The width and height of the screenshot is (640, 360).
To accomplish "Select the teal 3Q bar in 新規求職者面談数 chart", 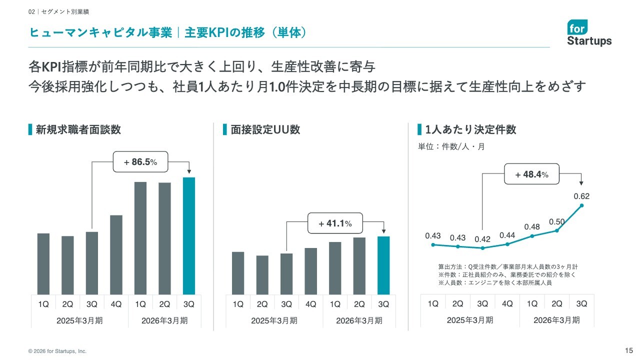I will point(189,235).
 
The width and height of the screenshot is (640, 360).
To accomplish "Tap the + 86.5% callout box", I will point(140,162).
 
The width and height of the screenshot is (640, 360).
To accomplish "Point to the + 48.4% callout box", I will point(531,174).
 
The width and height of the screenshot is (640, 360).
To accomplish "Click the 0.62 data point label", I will point(581,196).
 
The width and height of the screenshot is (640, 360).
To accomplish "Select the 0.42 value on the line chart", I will point(482,239).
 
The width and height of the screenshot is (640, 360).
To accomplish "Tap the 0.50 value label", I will point(556,221).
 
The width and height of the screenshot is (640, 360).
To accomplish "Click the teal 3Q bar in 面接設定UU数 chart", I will point(383,265).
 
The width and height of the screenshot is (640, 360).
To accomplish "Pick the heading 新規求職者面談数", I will point(78,130).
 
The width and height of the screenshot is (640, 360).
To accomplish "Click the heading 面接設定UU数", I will point(265,130).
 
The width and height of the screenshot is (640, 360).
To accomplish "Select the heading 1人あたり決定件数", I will point(470,130).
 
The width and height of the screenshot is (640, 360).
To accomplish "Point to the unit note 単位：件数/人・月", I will point(451,147).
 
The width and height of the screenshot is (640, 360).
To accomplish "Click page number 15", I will point(629,350).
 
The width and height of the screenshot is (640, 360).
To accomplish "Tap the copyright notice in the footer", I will point(57,351).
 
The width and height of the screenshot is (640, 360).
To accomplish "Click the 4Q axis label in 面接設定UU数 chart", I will point(310,304).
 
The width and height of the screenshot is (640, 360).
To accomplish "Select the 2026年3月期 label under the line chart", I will point(556,320).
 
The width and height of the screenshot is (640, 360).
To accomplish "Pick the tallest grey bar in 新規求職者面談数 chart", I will point(140,238).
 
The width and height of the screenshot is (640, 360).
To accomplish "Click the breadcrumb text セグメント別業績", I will point(65,11).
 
